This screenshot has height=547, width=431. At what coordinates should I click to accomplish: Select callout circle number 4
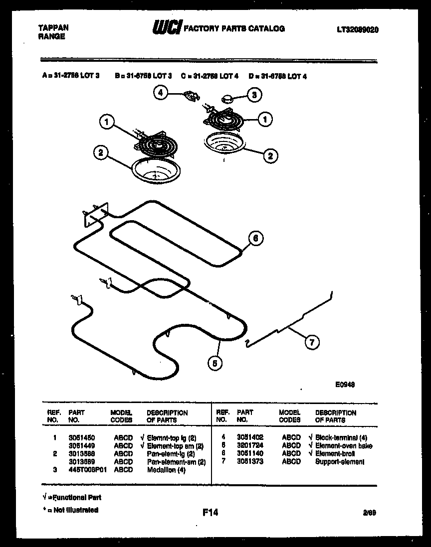[x=160, y=93]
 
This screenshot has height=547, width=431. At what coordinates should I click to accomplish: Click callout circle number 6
[x=255, y=239]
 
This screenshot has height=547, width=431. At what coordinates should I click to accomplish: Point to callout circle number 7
[x=312, y=342]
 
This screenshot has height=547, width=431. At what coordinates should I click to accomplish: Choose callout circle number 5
[x=215, y=364]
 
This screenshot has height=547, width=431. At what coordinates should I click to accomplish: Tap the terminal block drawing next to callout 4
[x=190, y=95]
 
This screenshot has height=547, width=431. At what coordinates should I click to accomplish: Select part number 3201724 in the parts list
[x=250, y=445]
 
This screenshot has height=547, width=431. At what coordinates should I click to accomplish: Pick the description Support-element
[x=340, y=462]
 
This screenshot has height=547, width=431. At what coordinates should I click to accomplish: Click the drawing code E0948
[x=345, y=385]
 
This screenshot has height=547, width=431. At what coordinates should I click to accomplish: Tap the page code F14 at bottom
[x=211, y=512]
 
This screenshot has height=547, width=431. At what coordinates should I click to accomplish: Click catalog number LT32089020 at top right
[x=357, y=30]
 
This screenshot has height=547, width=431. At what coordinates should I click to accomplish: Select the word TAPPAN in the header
[x=53, y=28]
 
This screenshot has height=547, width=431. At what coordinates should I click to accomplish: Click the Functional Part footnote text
[x=72, y=497]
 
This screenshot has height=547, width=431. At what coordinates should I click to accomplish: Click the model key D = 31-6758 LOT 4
[x=278, y=76]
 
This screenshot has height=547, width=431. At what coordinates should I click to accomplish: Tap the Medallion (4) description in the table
[x=166, y=470]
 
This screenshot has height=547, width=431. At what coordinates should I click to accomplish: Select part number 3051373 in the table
[x=250, y=462]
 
